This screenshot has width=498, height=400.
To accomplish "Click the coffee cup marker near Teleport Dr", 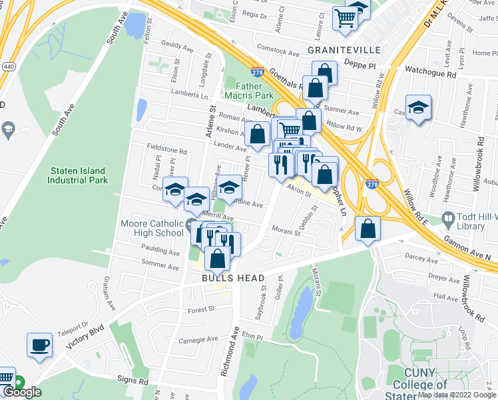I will coord(39,345).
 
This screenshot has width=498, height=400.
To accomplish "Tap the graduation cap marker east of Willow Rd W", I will coord(418,107).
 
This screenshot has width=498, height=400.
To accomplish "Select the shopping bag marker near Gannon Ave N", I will coord(368,229).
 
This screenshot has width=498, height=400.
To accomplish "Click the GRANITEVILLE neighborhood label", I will coord(344,50).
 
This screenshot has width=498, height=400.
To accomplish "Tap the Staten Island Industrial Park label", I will coord(78,175).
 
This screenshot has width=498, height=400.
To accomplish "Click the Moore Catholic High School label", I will coord(152,228).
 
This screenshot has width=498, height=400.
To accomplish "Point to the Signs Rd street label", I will coord(134,381).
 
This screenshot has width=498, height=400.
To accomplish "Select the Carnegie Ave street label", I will coord(198,339).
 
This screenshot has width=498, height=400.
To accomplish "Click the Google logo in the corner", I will coord(21,392).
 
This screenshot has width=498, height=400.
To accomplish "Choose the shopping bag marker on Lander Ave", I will coord(257,135).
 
